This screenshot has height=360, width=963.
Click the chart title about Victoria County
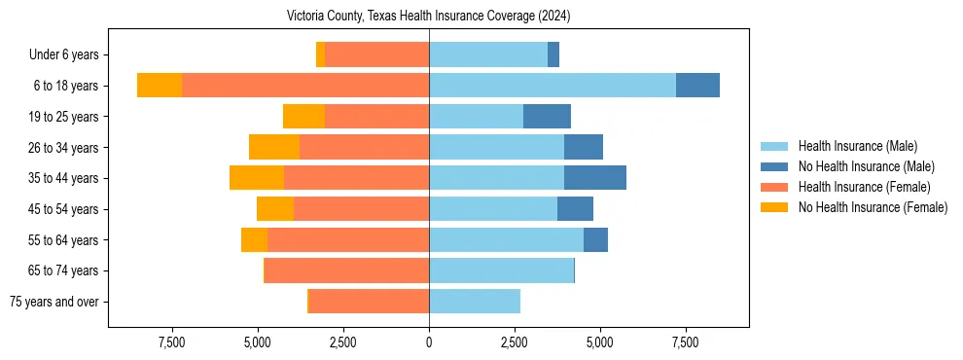pos(428,17)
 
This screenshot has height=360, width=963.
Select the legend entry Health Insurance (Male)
pos(857,146)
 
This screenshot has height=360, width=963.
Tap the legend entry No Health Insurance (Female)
pos(873,207)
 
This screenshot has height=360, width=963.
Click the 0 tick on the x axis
pos(429,342)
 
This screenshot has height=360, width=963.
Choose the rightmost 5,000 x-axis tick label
pos(599,342)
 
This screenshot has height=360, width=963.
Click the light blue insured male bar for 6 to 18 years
pos(553,86)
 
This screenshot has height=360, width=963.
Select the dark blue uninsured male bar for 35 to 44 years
pos(595,178)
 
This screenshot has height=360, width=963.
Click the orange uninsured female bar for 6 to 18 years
pos(160,86)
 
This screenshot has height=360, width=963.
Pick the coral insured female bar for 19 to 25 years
pos(376,117)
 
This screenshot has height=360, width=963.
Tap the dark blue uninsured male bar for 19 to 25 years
pos(547,117)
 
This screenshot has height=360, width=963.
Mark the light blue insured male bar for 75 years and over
pos(475,302)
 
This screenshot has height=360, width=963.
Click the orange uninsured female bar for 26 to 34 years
pos(274,147)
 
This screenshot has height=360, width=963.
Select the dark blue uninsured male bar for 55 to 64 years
pos(595,239)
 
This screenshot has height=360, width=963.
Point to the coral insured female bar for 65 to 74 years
pos(346,270)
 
